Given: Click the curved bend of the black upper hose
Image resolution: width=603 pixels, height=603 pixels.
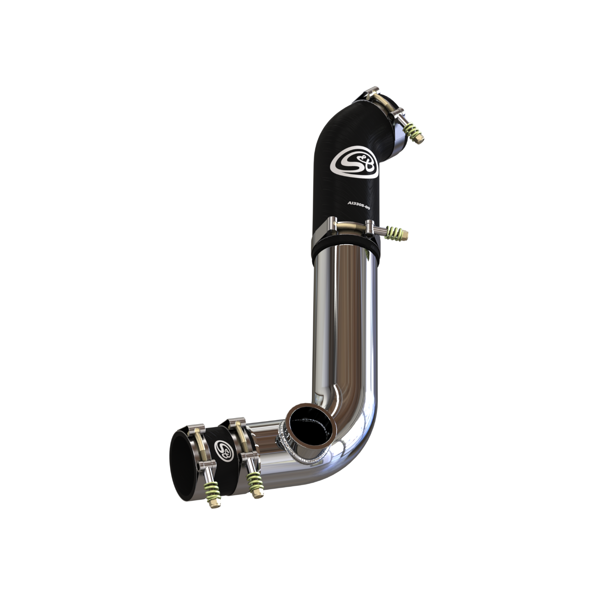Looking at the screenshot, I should (x=340, y=125).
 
